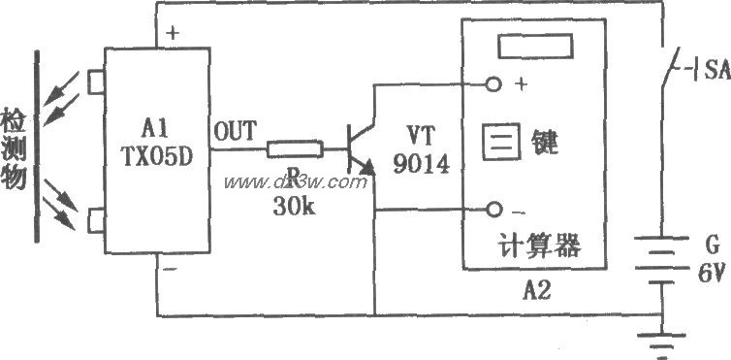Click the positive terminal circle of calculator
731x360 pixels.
point(494,84)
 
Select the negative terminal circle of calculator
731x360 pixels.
point(494,210)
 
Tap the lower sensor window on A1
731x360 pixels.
point(95,222)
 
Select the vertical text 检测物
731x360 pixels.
point(14,146)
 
